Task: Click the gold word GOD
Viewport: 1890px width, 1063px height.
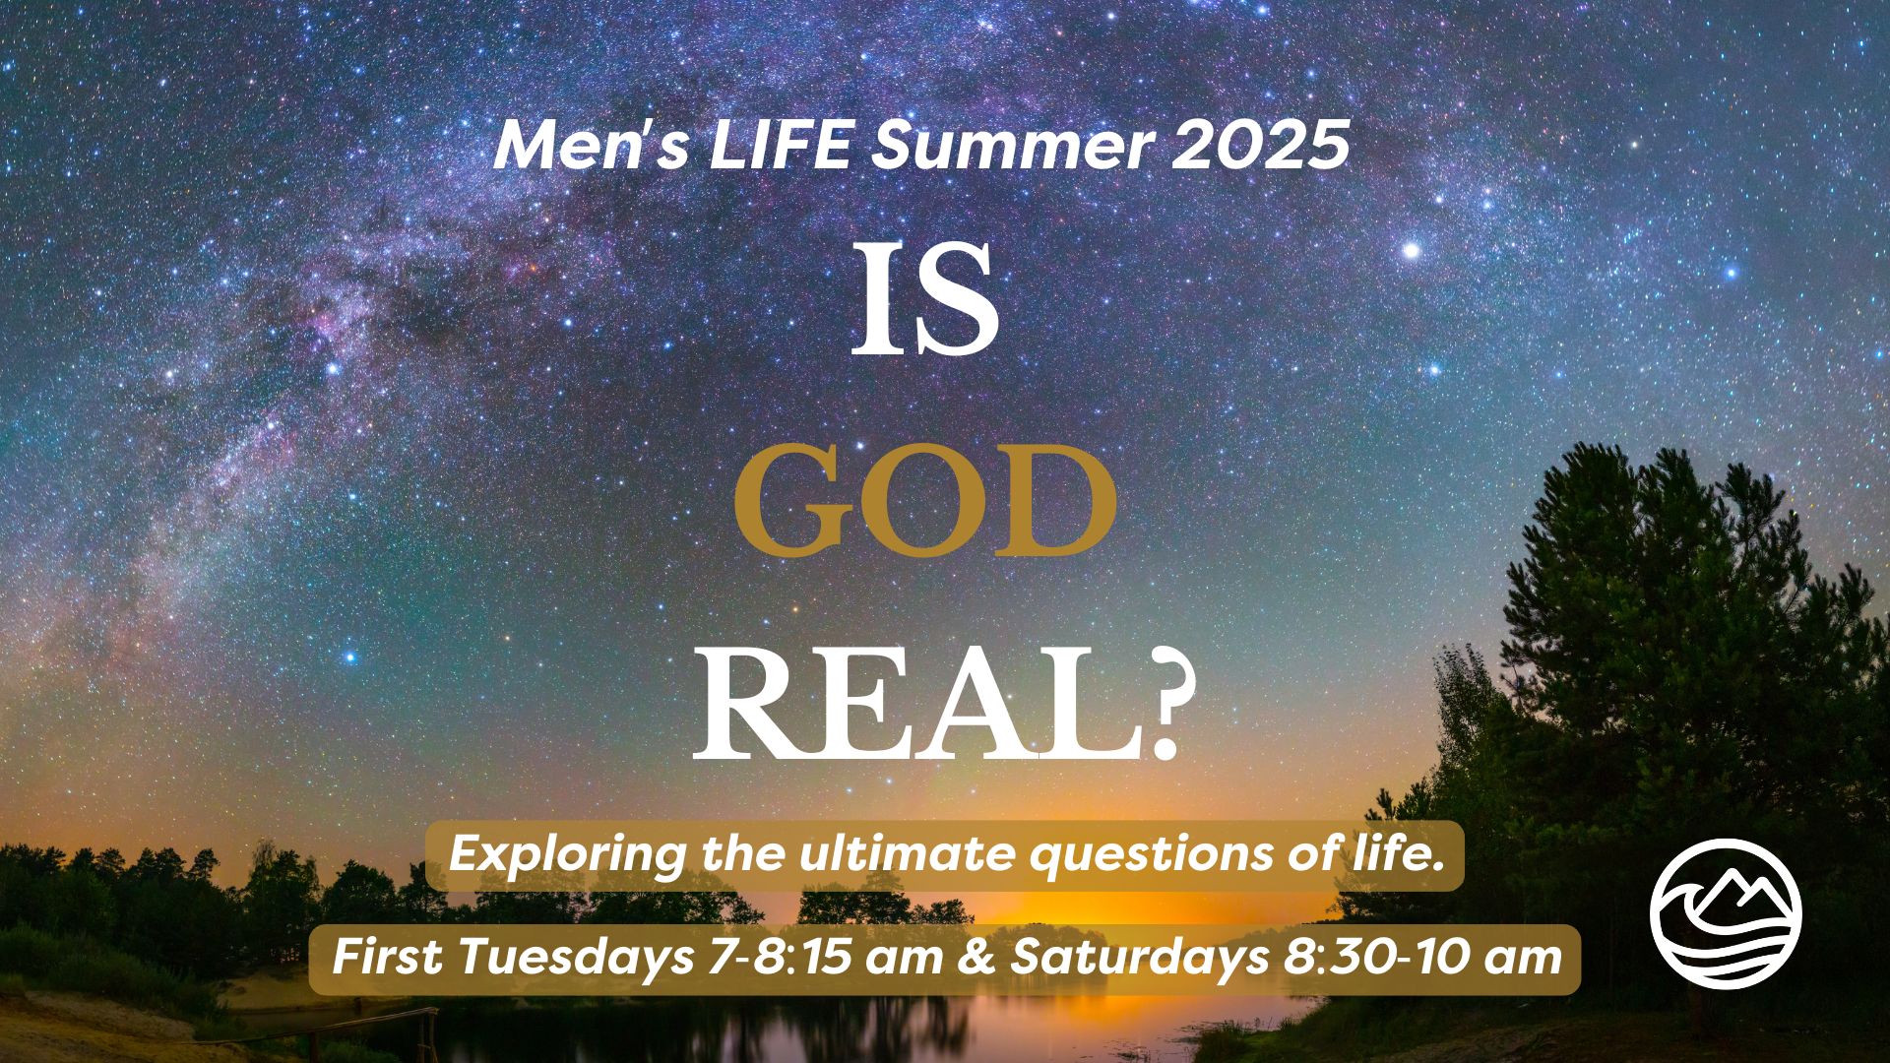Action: [926, 501]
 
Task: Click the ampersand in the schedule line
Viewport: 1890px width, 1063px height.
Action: [975, 957]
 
